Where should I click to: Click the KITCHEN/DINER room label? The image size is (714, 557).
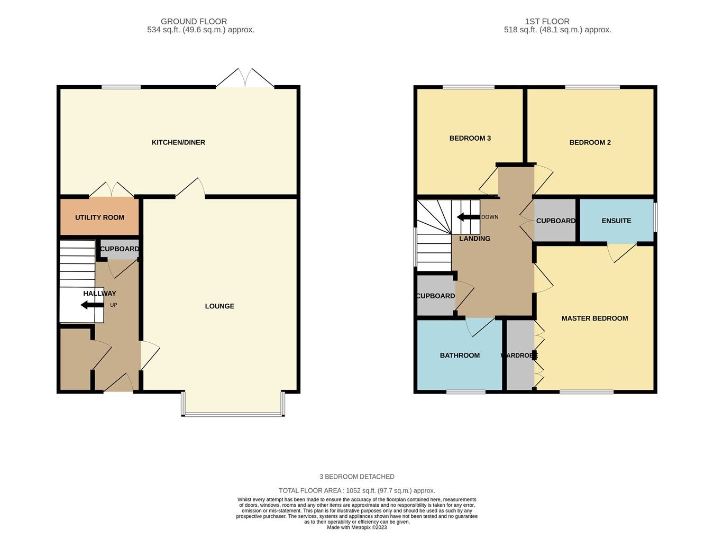coord(178,142)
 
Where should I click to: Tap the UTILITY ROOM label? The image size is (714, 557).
coord(99,217)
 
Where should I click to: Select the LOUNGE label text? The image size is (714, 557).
coord(219,306)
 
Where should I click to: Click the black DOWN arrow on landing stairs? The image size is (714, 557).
coord(468,217)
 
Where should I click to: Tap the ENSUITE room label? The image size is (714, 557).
coord(616,221)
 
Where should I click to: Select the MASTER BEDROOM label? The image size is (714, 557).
coord(594,318)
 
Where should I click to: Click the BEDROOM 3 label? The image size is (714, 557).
coord(470,138)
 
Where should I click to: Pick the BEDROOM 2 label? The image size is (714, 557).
coord(590,142)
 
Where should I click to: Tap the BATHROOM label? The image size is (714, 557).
coord(460,355)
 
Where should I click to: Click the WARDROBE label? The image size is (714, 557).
coord(519,355)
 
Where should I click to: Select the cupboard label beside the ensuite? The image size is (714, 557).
coord(555,221)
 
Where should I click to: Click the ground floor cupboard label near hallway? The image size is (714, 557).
coord(120,249)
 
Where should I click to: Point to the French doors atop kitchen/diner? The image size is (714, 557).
coord(245,78)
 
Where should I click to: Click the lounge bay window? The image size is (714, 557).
coord(233,414)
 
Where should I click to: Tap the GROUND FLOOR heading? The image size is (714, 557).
coord(194,22)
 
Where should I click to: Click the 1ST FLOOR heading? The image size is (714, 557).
coord(547,22)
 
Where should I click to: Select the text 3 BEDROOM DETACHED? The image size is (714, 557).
coord(356,477)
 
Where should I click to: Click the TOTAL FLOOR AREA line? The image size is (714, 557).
coord(356,491)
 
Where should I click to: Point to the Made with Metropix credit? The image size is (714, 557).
coord(356,527)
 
